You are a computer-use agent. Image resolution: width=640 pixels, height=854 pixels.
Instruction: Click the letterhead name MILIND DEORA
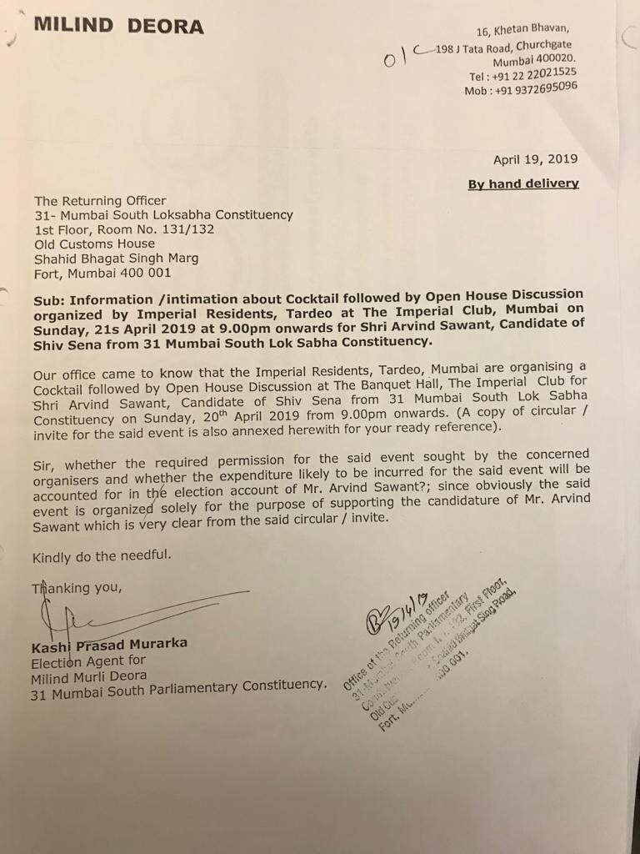click(118, 26)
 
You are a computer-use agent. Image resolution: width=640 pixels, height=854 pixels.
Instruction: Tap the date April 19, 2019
click(535, 159)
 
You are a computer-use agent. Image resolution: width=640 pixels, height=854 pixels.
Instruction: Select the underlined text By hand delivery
click(522, 183)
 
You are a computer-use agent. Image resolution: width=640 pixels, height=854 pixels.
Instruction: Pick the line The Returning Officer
click(100, 200)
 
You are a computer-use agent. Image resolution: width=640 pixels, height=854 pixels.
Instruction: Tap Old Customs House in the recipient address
click(94, 244)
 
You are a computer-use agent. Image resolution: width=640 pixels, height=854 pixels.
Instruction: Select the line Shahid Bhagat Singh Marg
click(116, 258)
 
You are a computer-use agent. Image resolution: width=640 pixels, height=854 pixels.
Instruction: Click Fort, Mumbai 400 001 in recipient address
click(103, 273)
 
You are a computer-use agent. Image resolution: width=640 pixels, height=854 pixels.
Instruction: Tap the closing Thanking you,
click(77, 588)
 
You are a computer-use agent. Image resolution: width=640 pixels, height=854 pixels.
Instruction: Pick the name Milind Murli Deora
click(89, 675)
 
